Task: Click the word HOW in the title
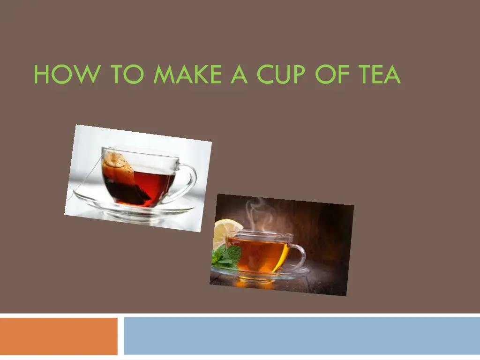point(67,74)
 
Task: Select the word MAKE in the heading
point(187,74)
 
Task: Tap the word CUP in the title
point(281,74)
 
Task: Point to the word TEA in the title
point(380,74)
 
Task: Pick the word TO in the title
point(127,74)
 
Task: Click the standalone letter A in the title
point(239,74)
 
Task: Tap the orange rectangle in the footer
point(59,336)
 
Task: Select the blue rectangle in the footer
point(302,336)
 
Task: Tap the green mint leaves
point(226,255)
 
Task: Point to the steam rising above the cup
point(260,214)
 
